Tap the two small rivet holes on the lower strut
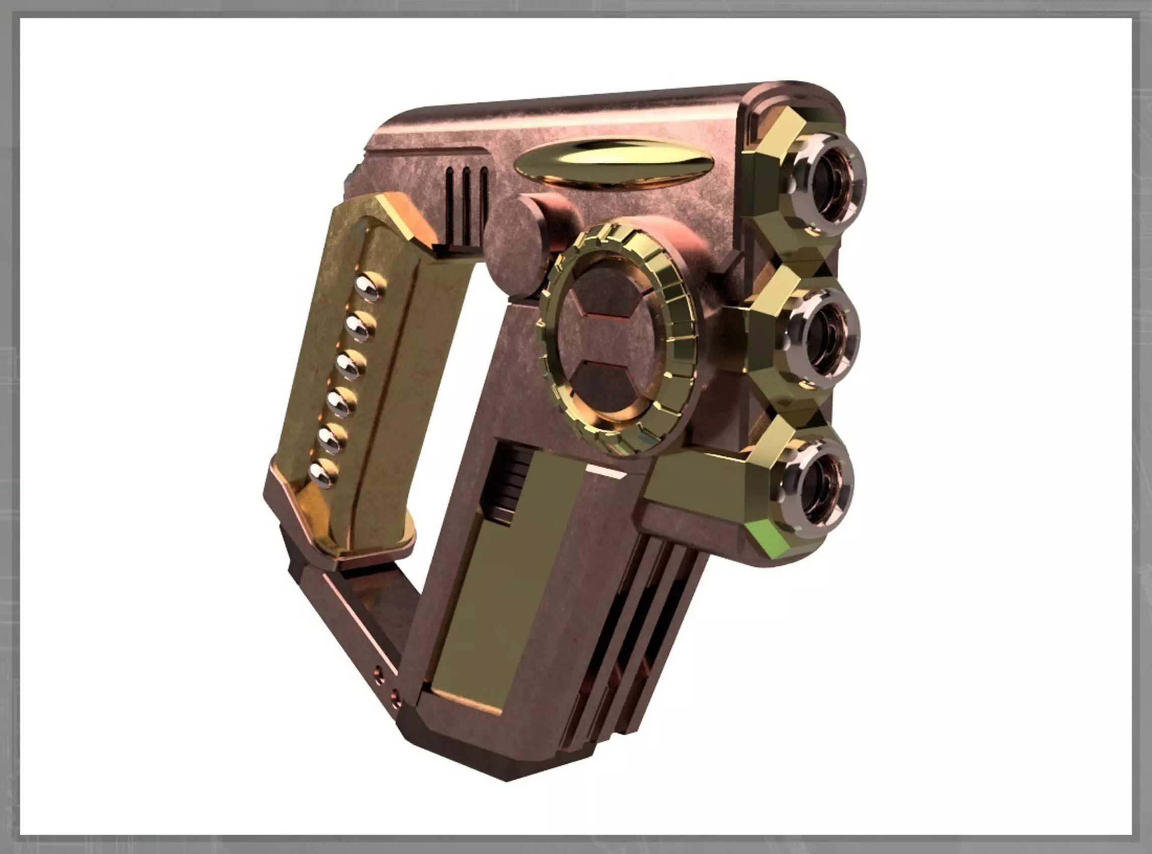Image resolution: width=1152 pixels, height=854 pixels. point(387,682)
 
